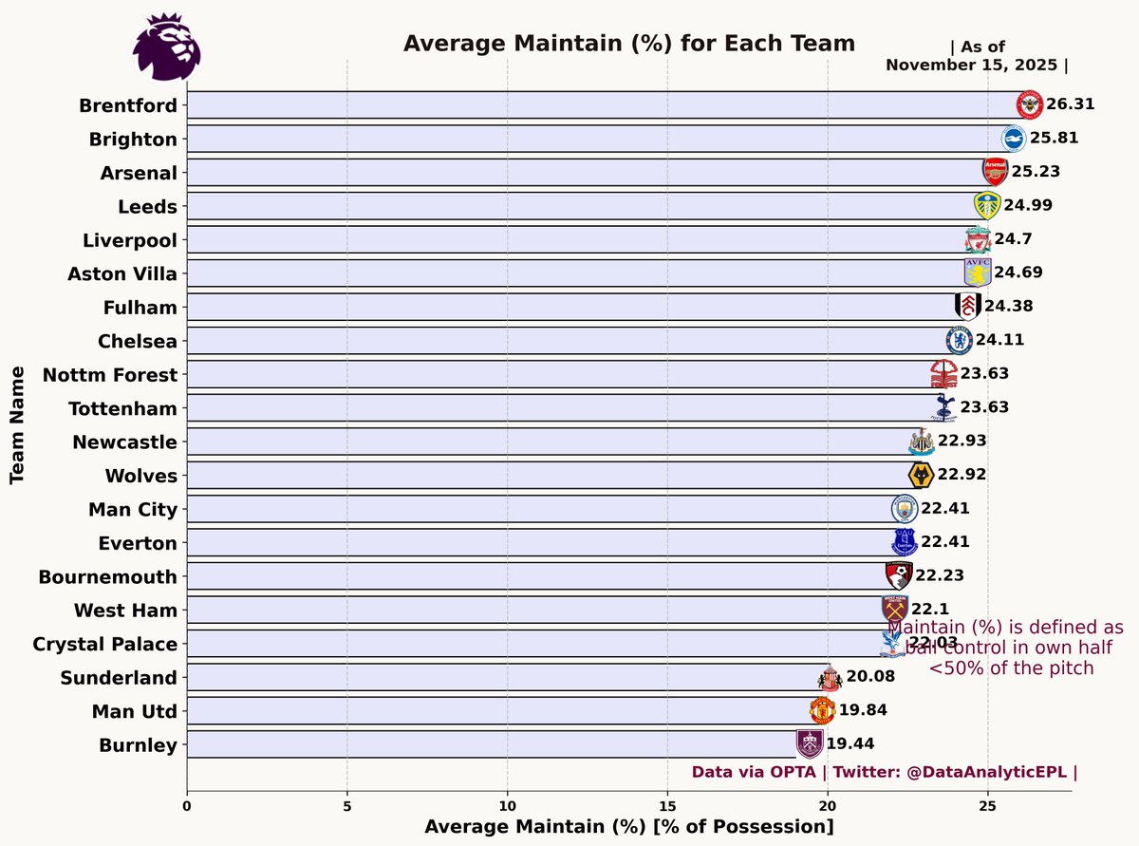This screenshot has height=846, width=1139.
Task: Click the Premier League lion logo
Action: pyautogui.click(x=167, y=47)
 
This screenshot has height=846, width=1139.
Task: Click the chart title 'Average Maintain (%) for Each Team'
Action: pyautogui.click(x=629, y=44)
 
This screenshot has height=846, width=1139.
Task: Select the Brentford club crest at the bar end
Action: pyautogui.click(x=1029, y=104)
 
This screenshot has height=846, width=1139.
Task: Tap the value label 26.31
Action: pyautogui.click(x=1070, y=104)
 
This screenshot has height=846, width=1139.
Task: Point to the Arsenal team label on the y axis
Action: pyautogui.click(x=139, y=173)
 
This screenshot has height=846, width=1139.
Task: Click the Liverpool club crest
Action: pyautogui.click(x=978, y=239)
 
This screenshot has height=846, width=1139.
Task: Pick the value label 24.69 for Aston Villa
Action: pyautogui.click(x=1018, y=273)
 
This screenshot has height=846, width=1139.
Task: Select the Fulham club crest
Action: pyautogui.click(x=967, y=307)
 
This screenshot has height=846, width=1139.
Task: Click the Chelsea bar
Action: pyautogui.click(x=569, y=341)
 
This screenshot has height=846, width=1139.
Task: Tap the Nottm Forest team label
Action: pyautogui.click(x=110, y=375)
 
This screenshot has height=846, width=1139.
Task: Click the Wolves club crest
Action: pyautogui.click(x=921, y=476)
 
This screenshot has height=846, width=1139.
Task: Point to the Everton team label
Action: pyautogui.click(x=138, y=543)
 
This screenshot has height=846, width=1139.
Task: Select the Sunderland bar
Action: pyautogui.click(x=503, y=677)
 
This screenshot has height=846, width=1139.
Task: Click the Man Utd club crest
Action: pyautogui.click(x=822, y=710)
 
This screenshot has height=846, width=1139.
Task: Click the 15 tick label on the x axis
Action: pyautogui.click(x=667, y=805)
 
